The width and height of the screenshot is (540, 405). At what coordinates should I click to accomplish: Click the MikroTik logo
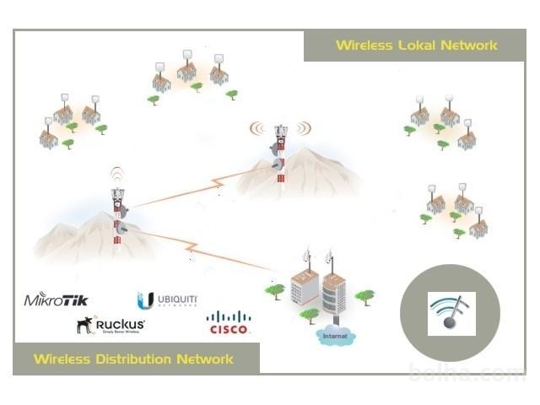click(56, 299)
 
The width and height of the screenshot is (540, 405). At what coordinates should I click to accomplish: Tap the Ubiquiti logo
click(169, 300)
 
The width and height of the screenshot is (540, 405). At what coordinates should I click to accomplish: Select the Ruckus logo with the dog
click(111, 325)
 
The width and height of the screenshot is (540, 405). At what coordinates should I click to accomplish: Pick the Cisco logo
click(229, 322)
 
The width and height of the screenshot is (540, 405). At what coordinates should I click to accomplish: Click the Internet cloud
click(335, 336)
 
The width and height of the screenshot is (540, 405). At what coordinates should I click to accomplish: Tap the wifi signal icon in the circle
click(451, 311)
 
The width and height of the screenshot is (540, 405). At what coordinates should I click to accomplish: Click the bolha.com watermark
click(467, 373)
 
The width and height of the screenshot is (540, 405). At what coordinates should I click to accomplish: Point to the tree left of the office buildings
click(274, 291)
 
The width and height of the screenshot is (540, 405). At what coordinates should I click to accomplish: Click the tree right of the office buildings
click(364, 296)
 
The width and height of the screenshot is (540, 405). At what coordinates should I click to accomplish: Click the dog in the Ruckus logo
click(84, 324)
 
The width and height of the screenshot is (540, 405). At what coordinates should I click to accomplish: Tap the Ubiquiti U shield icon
click(145, 300)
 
